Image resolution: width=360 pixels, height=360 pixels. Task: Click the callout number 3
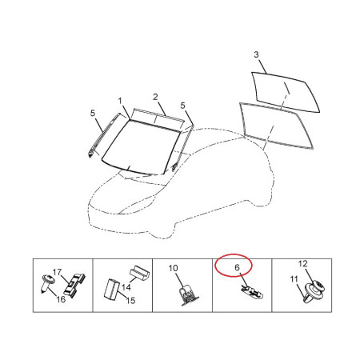tap(256, 54)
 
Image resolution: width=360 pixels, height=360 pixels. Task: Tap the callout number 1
tap(120, 101)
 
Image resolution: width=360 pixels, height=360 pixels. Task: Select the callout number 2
tap(155, 97)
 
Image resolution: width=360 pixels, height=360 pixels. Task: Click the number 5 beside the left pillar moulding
tap(93, 113)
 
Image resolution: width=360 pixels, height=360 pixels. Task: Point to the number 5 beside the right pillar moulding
tap(182, 106)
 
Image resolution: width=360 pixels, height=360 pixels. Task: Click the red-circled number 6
tap(237, 267)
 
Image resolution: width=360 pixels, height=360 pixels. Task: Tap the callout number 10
tap(174, 268)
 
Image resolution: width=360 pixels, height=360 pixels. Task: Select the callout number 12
tap(302, 264)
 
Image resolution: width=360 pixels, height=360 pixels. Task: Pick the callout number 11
tap(294, 279)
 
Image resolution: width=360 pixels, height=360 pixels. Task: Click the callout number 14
tap(126, 287)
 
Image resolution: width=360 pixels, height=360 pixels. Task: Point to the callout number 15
tap(130, 301)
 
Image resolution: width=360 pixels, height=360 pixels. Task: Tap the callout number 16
tap(61, 299)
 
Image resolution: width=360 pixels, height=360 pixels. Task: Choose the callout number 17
tap(57, 272)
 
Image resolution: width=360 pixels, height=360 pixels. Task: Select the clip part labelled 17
tap(74, 286)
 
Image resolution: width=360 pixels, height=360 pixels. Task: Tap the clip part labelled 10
tap(188, 294)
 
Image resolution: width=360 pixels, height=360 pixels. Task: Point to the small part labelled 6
tap(251, 291)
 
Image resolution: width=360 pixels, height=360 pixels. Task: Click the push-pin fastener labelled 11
tap(310, 293)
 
